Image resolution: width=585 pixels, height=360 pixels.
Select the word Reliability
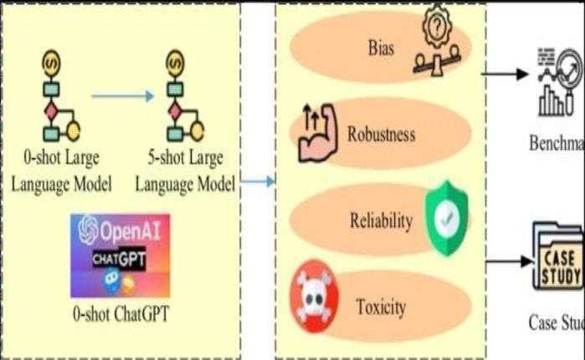click(381, 221)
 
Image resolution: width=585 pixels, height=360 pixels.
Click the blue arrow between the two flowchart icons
click(122, 96)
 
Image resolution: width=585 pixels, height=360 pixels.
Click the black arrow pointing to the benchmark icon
click(510, 74)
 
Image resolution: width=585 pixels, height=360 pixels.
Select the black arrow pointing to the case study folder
click(509, 260)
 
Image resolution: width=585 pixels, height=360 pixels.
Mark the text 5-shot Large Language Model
click(186, 170)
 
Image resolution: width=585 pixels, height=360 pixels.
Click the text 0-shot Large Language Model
click(61, 170)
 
